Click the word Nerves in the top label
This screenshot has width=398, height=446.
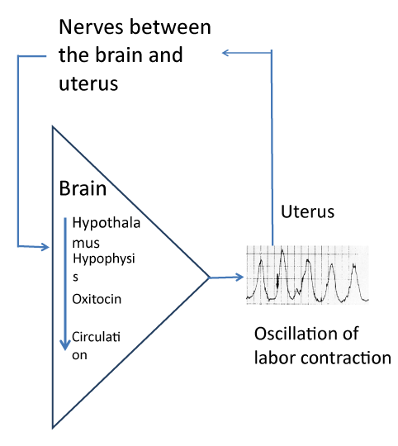pyautogui.click(x=91, y=27)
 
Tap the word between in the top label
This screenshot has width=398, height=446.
pyautogui.click(x=171, y=26)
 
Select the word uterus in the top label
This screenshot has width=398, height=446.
pyautogui.click(x=88, y=83)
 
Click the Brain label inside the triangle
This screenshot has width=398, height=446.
pyautogui.click(x=83, y=188)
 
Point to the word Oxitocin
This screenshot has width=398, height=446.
pyautogui.click(x=97, y=299)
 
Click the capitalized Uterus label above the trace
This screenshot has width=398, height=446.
pyautogui.click(x=308, y=211)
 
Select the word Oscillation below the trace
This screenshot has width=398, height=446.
pyautogui.click(x=306, y=334)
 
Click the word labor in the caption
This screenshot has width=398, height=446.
pyautogui.click(x=275, y=358)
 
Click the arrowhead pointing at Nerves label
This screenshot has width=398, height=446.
pyautogui.click(x=225, y=53)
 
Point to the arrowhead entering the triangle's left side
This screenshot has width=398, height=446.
pyautogui.click(x=45, y=247)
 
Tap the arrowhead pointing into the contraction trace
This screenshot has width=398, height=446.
pyautogui.click(x=239, y=277)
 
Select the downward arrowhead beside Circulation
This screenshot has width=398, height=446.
pyautogui.click(x=65, y=344)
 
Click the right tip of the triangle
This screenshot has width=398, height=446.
pyautogui.click(x=210, y=278)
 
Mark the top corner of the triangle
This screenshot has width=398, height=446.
pyautogui.click(x=53, y=127)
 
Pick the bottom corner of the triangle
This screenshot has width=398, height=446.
pyautogui.click(x=53, y=428)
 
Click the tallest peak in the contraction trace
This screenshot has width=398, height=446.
pyautogui.click(x=282, y=250)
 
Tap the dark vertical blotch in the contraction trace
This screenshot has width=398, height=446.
pyautogui.click(x=277, y=281)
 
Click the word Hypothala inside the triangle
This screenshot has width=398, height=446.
pyautogui.click(x=107, y=223)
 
